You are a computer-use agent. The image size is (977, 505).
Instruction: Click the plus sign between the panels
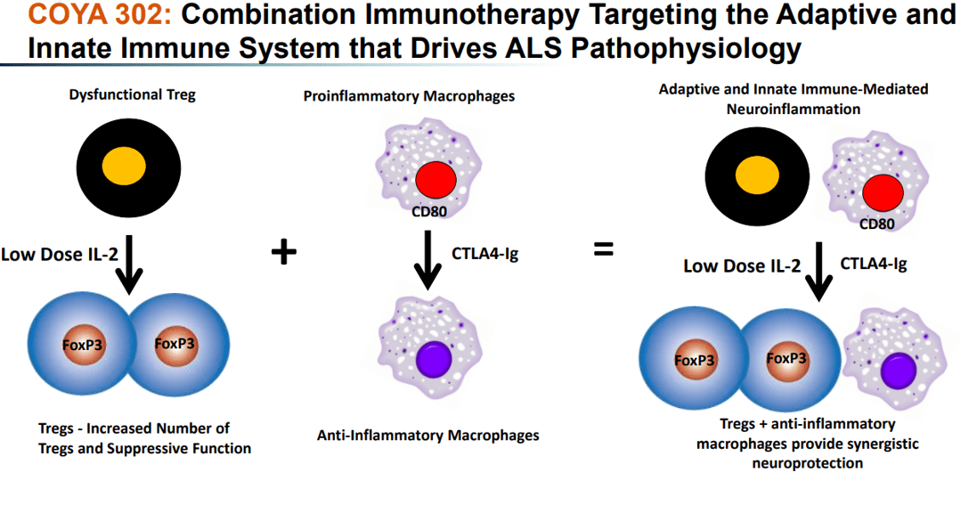[283, 253]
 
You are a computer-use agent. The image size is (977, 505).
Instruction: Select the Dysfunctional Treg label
[132, 94]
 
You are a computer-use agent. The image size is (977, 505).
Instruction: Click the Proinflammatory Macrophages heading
[409, 95]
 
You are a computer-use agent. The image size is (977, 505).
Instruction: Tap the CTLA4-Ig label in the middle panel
[485, 254]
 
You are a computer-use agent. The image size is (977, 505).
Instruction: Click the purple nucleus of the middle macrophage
[436, 362]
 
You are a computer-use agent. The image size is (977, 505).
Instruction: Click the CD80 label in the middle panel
[429, 212]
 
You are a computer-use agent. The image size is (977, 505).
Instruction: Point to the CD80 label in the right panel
[876, 224]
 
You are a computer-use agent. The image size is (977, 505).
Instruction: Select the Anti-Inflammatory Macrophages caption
[428, 436]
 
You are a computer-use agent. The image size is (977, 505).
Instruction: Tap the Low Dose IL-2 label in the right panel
[742, 265]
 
